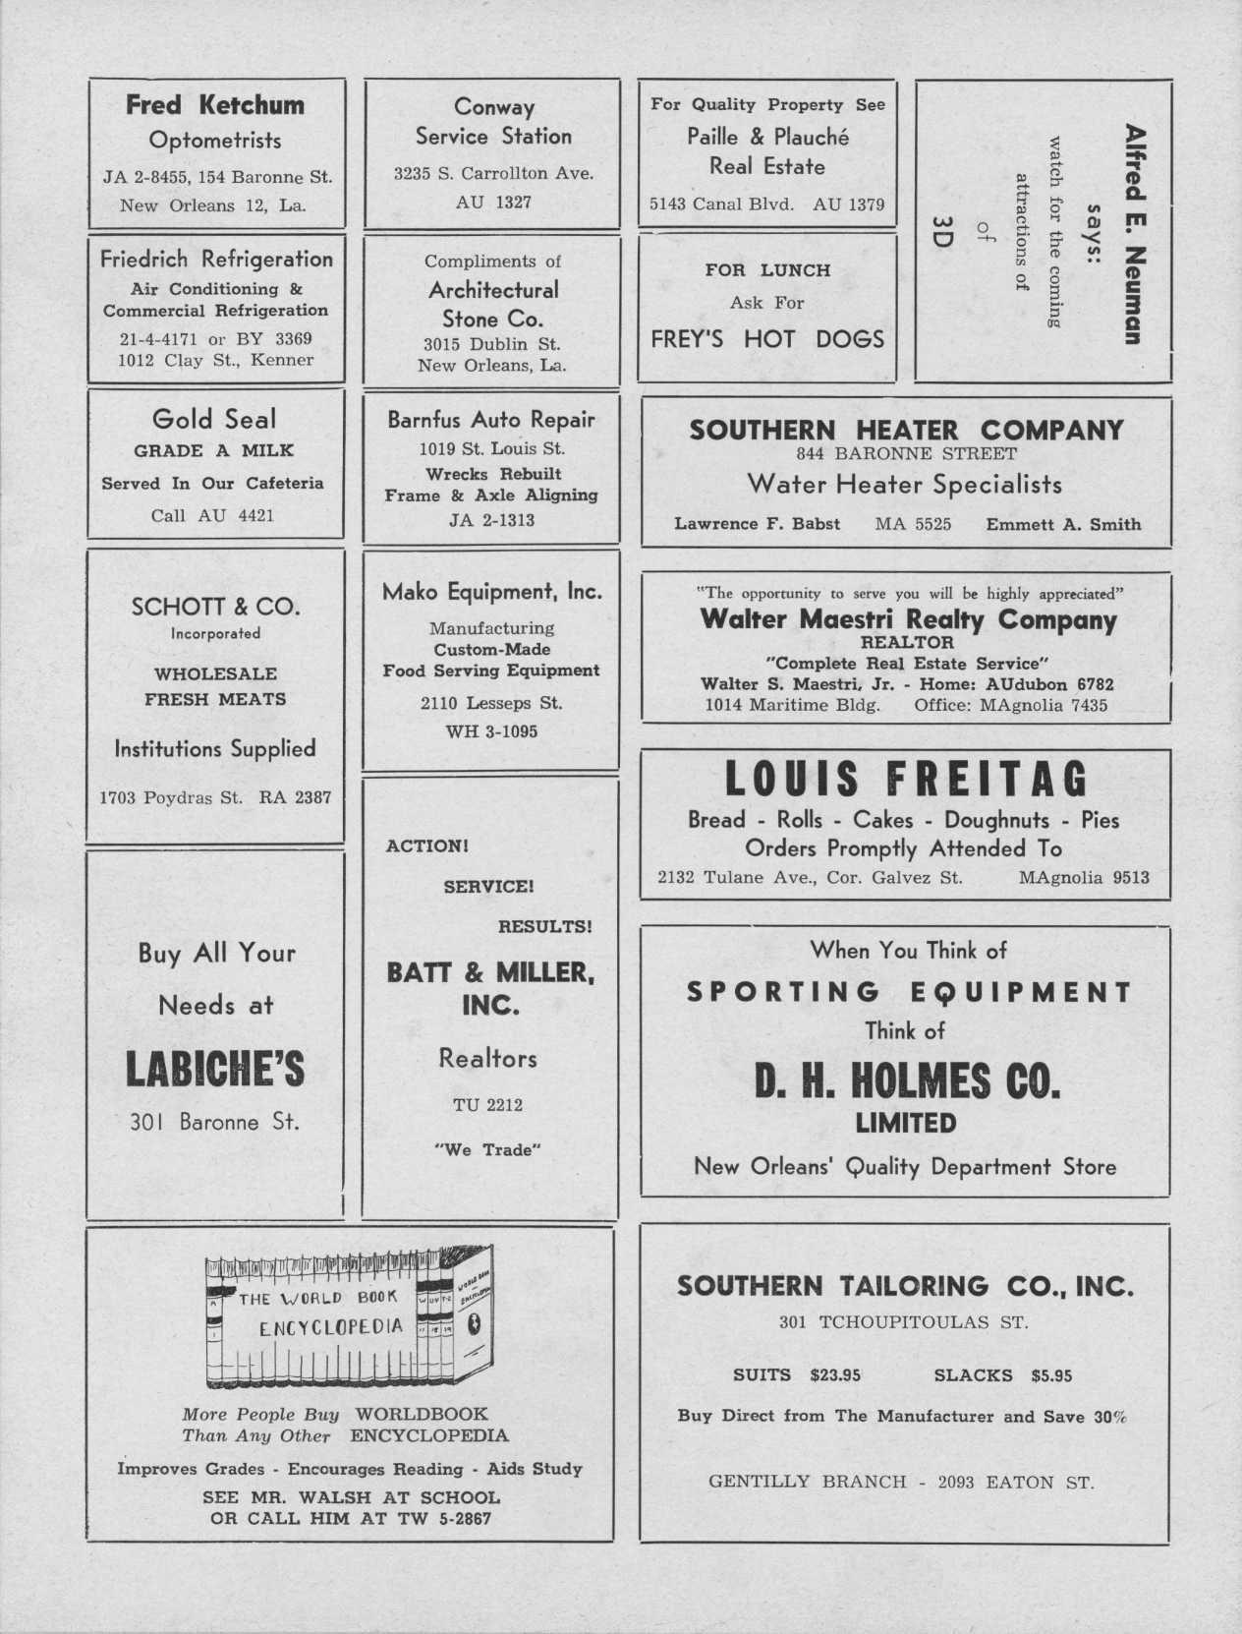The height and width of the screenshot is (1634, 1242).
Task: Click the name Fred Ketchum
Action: click(215, 105)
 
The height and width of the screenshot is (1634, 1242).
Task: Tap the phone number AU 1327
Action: click(493, 203)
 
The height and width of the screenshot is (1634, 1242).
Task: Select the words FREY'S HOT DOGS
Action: click(767, 339)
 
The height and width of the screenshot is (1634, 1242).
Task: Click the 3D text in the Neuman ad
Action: click(940, 233)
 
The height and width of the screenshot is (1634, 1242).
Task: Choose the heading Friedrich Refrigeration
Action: click(216, 260)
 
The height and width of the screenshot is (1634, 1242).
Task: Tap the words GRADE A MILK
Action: click(214, 451)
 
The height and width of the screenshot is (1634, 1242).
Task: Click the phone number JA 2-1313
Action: click(492, 520)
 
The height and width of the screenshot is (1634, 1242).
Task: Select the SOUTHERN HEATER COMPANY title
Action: click(906, 430)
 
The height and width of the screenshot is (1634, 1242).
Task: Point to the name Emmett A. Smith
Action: click(1063, 524)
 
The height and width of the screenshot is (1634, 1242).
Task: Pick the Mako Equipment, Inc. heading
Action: click(492, 592)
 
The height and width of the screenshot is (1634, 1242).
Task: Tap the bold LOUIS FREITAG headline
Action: click(906, 780)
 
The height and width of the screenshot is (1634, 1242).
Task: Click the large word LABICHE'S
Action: click(215, 1071)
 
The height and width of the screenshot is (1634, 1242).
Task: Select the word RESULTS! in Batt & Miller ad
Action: click(545, 926)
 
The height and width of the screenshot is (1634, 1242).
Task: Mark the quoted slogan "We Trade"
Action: click(488, 1150)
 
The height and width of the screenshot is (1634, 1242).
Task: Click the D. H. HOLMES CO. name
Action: click(907, 1083)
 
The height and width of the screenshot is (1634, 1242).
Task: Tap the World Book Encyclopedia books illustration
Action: click(349, 1319)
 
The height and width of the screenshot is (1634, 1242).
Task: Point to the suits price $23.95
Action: click(835, 1375)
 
